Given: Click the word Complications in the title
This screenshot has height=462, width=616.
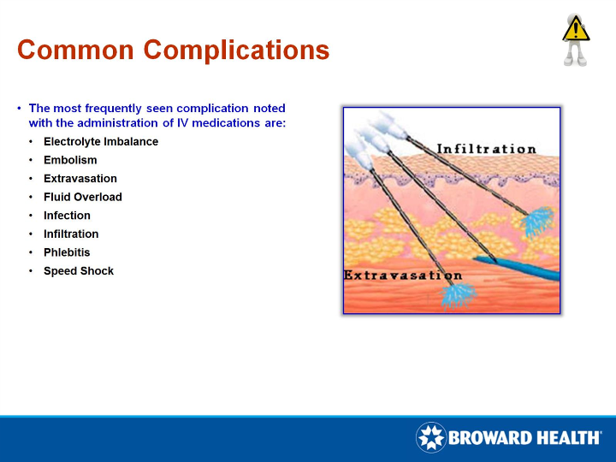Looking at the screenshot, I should coord(236,50).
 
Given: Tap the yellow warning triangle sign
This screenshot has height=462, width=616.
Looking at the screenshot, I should coord(576,30).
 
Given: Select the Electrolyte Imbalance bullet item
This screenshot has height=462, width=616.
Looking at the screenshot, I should coord(101,141).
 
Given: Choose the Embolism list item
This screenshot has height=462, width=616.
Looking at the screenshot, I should coord(70,160).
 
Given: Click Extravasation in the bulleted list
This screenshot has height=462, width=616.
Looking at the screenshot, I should coord(80,179).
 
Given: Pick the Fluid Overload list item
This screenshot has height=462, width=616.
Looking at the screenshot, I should coord(83,197).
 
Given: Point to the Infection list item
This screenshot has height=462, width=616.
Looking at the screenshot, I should coord(67,216).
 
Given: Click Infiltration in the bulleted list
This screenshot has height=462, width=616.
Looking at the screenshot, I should coord(71,234).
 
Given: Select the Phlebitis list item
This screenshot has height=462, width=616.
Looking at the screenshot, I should coord(67,252).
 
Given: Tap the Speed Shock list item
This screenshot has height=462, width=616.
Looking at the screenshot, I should coord(79,271).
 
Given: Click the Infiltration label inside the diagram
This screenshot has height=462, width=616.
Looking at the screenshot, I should coord(487,149).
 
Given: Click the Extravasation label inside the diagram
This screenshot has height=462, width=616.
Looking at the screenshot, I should coord(403,275).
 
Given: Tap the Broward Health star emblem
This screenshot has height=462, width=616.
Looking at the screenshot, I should coord(430,437).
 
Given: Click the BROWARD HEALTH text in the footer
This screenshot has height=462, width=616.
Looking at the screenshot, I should coord(524,438).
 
